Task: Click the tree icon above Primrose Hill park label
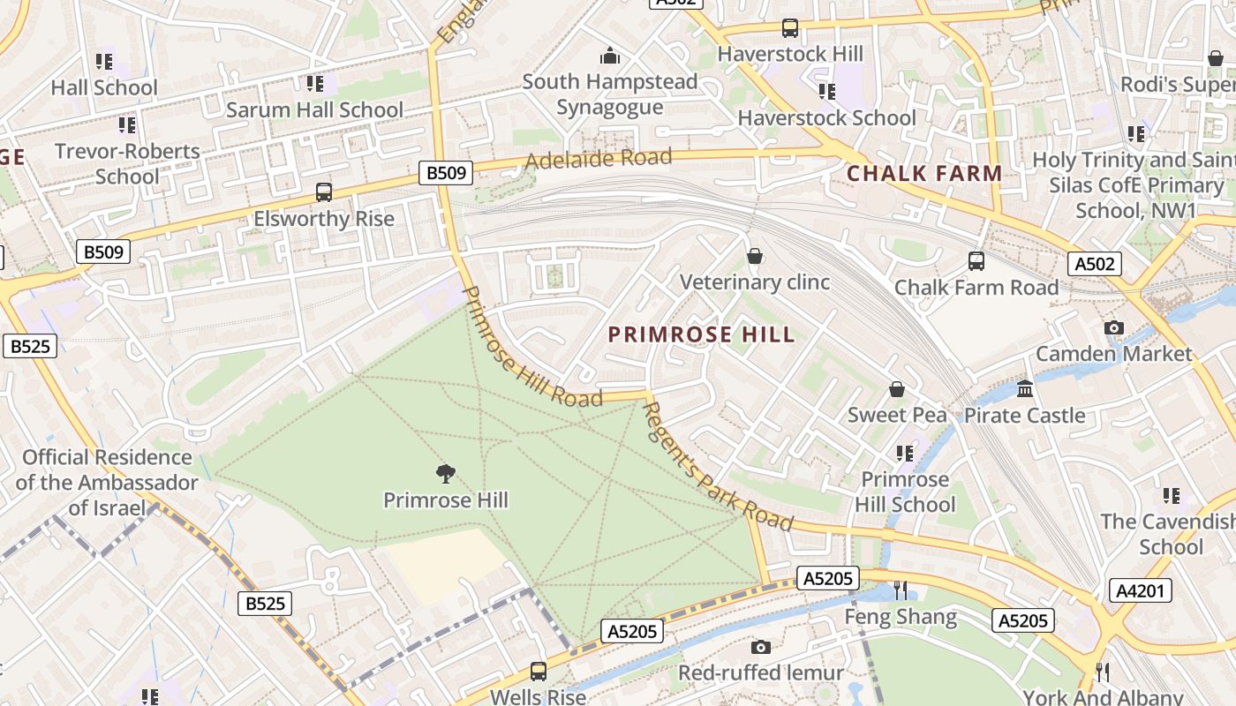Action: click(x=446, y=474)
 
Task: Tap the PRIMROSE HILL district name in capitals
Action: click(x=702, y=335)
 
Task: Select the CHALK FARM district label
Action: click(x=924, y=173)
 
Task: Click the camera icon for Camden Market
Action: click(x=1114, y=328)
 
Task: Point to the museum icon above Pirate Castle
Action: click(x=1025, y=388)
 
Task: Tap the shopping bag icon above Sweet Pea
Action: click(x=897, y=389)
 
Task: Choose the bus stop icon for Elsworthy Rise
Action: click(x=324, y=192)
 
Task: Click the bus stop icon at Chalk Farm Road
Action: click(x=976, y=261)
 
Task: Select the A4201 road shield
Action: click(x=1140, y=590)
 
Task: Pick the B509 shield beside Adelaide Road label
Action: click(x=446, y=173)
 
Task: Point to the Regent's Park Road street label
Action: click(x=716, y=467)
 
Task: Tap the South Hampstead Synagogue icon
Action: click(x=609, y=56)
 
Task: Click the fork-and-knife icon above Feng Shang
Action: click(x=901, y=590)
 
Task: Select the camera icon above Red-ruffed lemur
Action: click(x=760, y=647)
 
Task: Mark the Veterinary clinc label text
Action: click(x=755, y=282)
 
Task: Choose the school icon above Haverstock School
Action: click(x=827, y=92)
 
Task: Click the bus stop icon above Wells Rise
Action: click(x=538, y=671)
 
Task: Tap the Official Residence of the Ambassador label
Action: click(x=107, y=482)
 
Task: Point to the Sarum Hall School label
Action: click(x=315, y=110)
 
